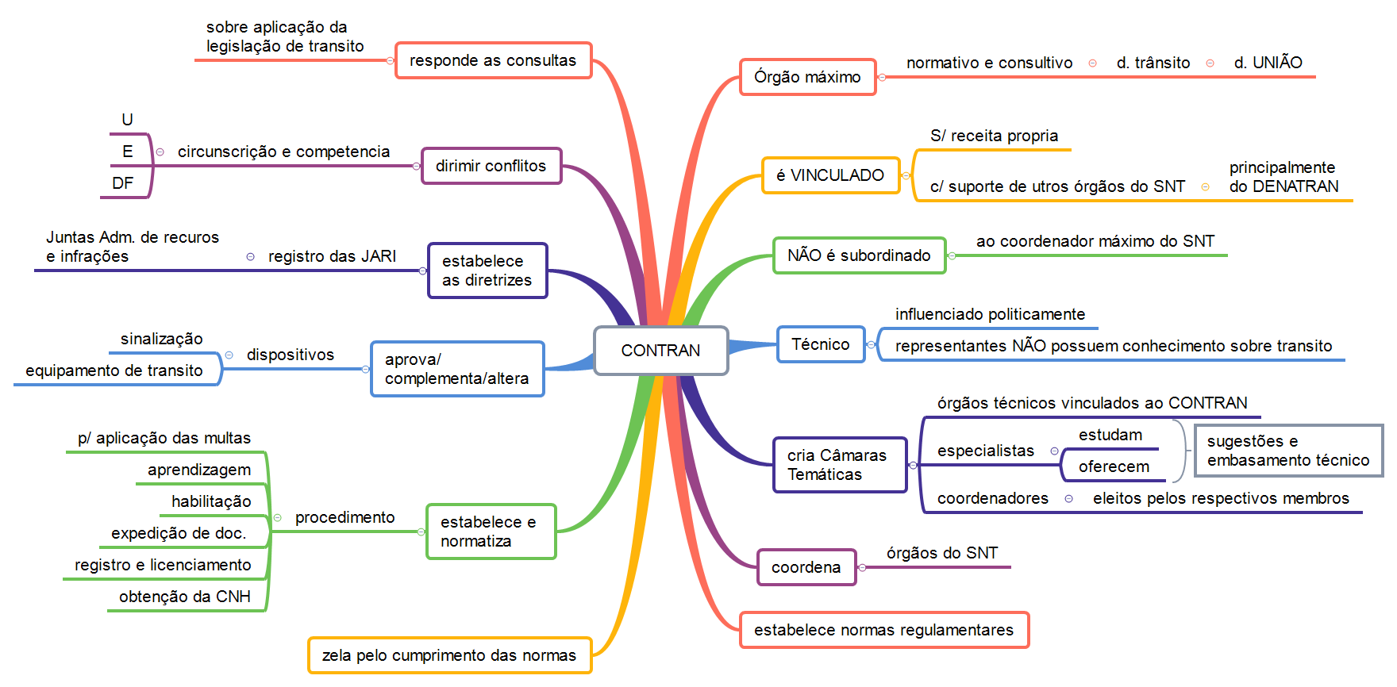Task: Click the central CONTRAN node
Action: (660, 351)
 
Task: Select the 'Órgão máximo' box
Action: (807, 77)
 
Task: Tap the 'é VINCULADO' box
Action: (830, 175)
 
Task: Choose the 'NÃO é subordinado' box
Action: (859, 255)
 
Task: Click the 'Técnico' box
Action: (821, 344)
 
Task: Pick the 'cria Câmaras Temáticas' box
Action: (839, 465)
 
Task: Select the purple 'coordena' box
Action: (806, 567)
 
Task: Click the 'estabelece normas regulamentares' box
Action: (883, 630)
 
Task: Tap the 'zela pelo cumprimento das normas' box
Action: (449, 655)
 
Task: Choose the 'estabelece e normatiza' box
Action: (491, 532)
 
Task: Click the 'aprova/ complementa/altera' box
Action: (457, 369)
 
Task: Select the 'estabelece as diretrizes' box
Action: (487, 271)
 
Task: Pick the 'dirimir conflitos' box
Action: (491, 166)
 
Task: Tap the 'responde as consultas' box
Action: (493, 60)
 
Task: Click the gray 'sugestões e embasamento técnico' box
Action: (1287, 451)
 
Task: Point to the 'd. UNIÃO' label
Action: (1268, 63)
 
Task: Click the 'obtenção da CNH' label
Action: (185, 597)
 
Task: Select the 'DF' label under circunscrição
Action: (123, 183)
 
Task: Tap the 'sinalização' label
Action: (162, 339)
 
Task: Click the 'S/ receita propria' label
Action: (994, 136)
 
